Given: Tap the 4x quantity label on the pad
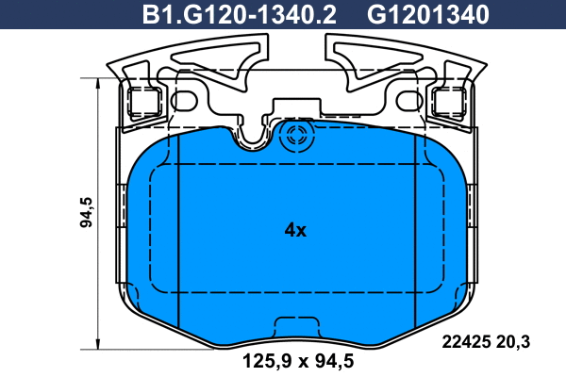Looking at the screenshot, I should [x=294, y=230].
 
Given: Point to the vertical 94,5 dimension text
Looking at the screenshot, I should [x=86, y=211].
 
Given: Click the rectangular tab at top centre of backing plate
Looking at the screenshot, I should [x=295, y=107].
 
